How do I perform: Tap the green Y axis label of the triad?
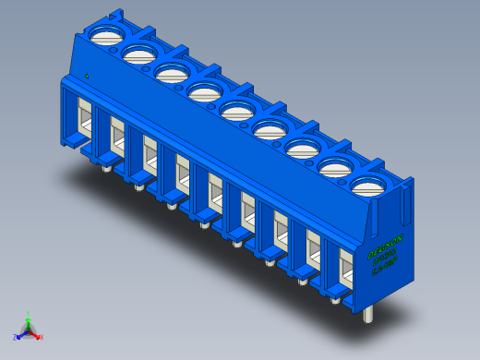[x=29, y=314]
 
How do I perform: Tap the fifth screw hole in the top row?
[x=237, y=112]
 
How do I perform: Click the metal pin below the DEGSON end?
[x=368, y=314]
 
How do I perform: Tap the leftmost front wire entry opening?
[x=82, y=121]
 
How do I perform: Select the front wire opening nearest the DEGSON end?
[x=346, y=270]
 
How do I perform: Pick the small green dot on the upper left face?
[x=86, y=76]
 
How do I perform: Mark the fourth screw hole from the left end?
[x=204, y=92]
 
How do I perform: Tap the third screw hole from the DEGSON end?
[x=302, y=150]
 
